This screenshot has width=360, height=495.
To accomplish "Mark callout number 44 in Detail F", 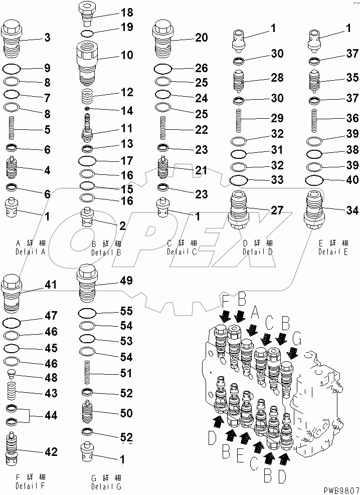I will point(51,415).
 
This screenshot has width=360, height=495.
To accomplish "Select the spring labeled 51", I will point(88,374).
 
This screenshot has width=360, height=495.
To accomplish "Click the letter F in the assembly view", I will point(225,302).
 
